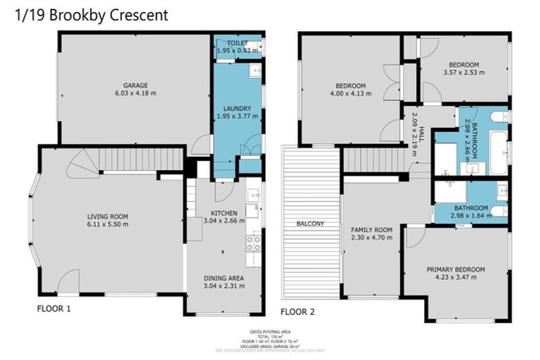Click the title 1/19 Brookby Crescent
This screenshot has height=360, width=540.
[92, 15]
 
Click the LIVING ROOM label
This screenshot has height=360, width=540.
[108, 217]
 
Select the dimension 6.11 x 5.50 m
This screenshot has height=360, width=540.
[108, 224]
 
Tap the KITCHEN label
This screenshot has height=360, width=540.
[224, 212]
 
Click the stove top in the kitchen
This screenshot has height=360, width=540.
[253, 243]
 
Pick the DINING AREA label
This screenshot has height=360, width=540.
[224, 278]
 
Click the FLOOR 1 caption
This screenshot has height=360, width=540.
[53, 308]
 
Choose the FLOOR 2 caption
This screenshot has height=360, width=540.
[298, 311]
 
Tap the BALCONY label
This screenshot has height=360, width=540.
[310, 224]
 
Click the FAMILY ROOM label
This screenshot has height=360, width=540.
[372, 230]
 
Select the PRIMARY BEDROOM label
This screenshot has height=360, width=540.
[456, 269]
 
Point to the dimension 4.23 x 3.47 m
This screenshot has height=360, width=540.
[456, 277]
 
